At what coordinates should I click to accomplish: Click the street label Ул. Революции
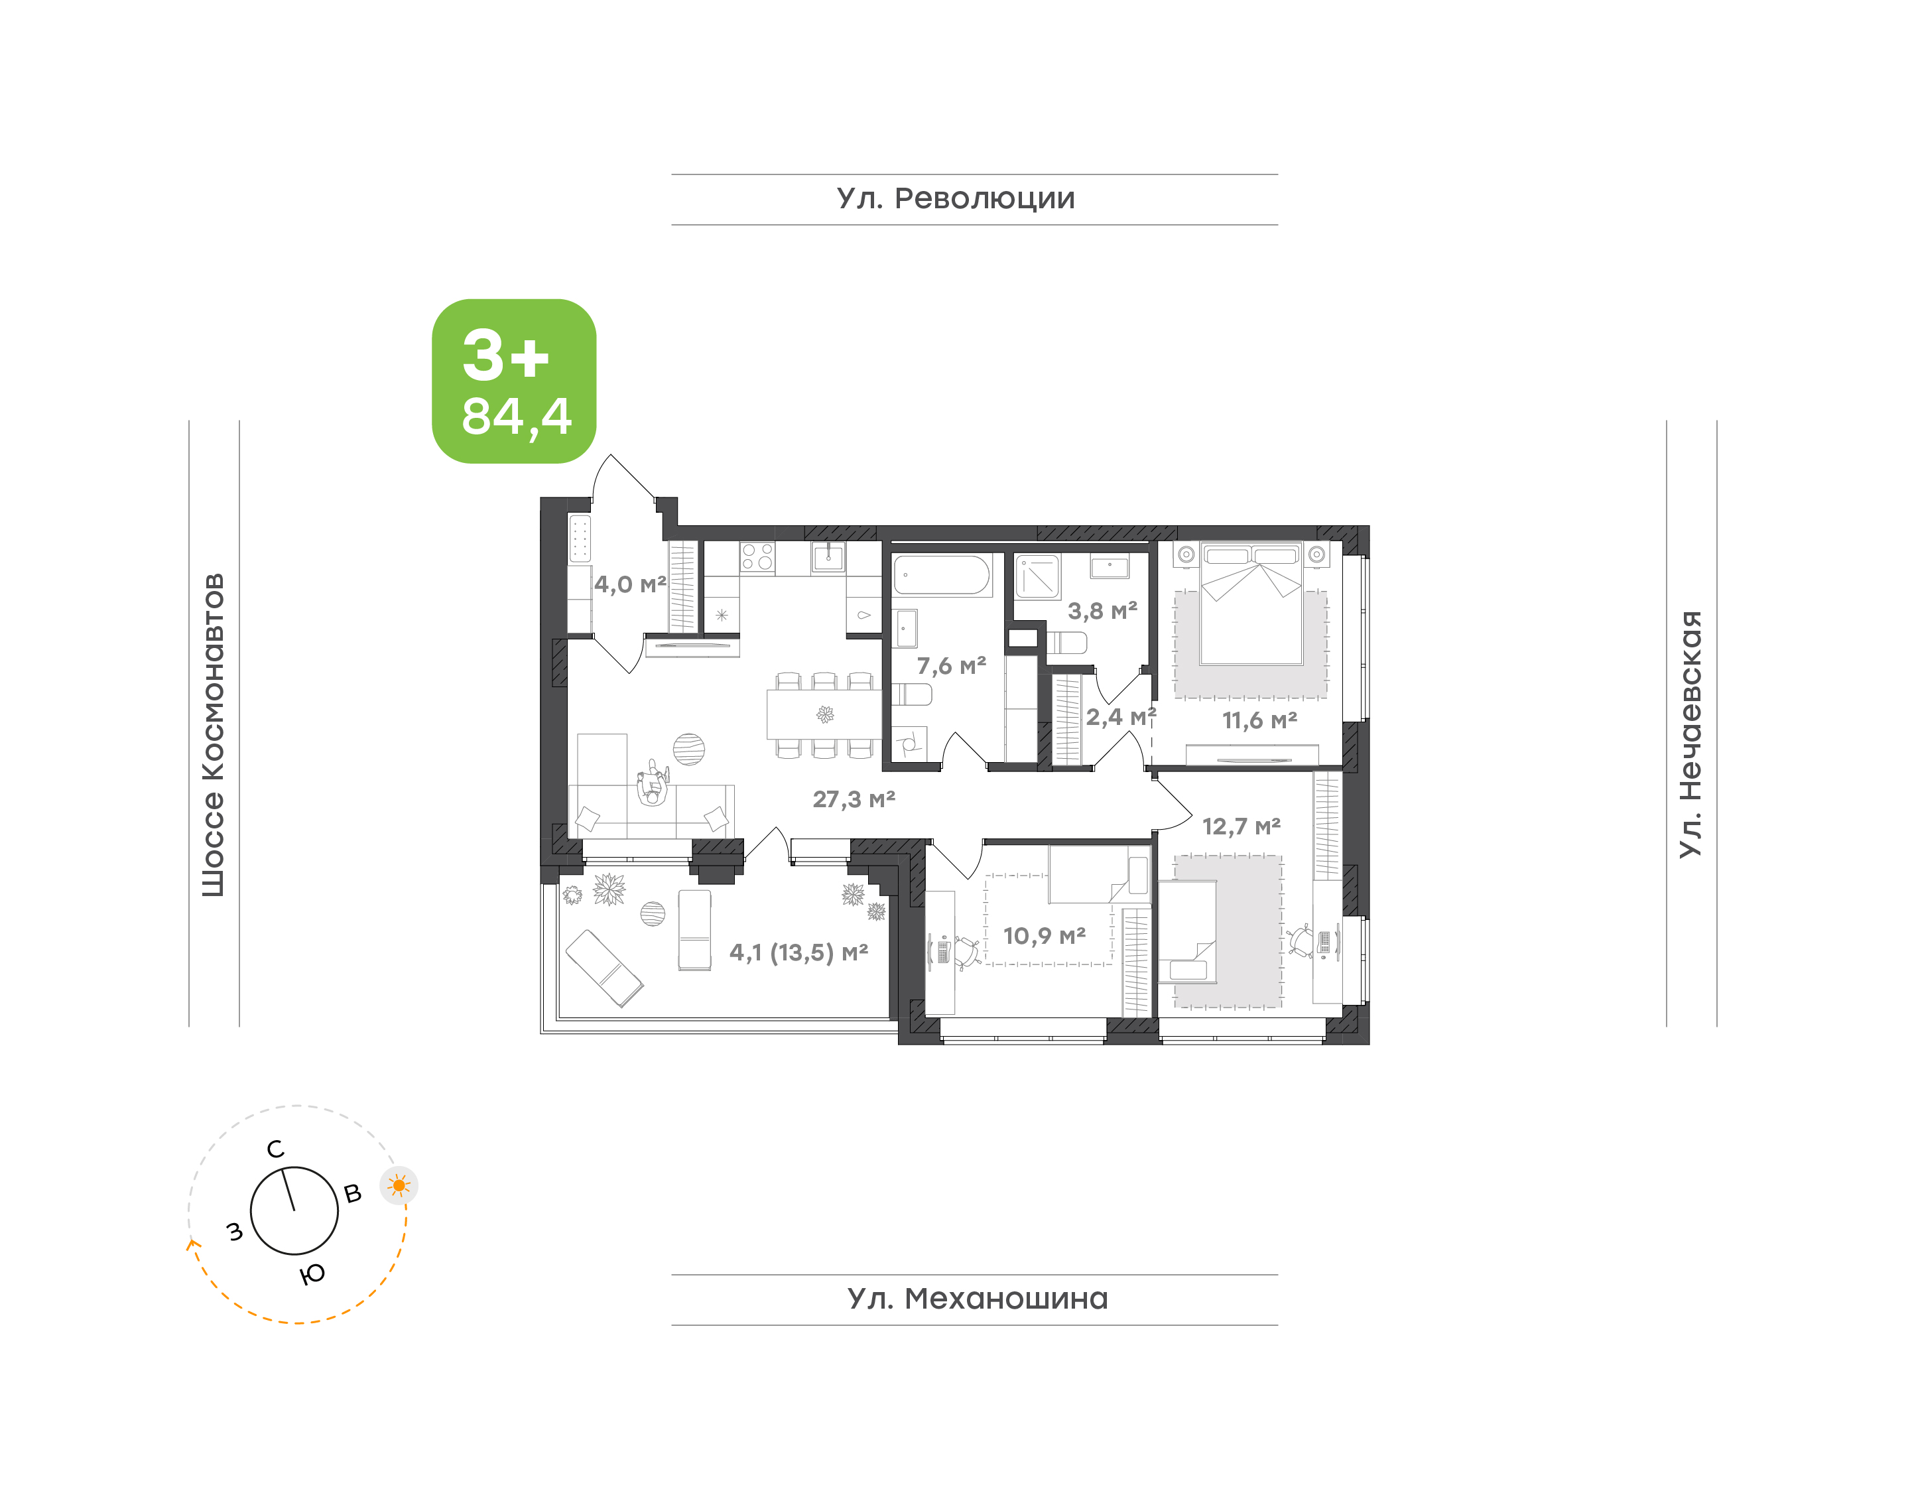coord(956,199)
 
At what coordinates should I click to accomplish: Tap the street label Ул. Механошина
coord(978,1299)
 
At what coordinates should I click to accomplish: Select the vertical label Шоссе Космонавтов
coord(213,736)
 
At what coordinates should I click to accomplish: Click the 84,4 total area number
coord(517,417)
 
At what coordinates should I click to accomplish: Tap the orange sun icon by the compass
coord(399,1187)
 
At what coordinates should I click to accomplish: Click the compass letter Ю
coord(312,1274)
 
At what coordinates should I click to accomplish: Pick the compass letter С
coord(275,1149)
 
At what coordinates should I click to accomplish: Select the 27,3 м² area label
coord(854,799)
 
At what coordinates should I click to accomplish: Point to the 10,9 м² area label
coord(1044,936)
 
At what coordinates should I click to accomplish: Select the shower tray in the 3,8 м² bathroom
coord(1038,576)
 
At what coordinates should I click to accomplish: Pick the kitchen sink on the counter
coord(828,556)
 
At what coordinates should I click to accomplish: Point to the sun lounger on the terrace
coord(604,968)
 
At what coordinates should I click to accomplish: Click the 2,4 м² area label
coord(1120,717)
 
